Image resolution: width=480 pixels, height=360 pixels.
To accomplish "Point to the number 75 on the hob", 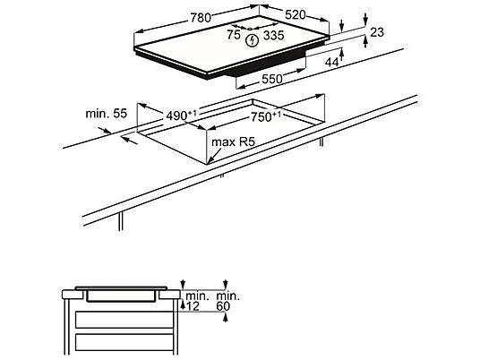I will coord(233,35).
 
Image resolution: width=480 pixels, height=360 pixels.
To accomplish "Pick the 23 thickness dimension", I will coord(376,32).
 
